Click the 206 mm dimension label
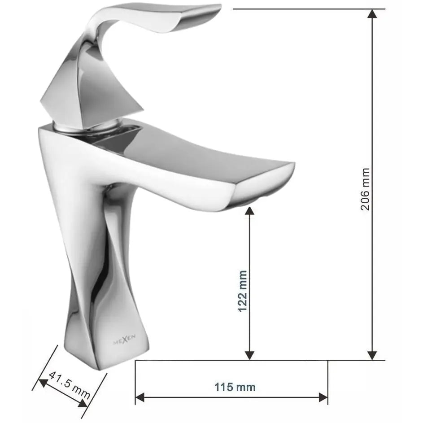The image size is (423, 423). coord(366,190)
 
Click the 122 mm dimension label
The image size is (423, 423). coord(242,291)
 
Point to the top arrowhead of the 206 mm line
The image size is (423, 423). coord(372,13)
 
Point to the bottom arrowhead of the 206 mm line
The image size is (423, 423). coord(372,355)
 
